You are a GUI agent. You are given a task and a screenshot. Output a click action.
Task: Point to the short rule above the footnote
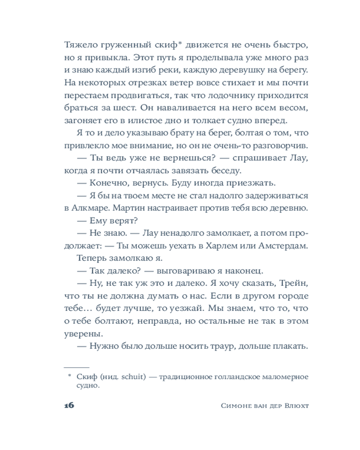(x=77, y=367)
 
